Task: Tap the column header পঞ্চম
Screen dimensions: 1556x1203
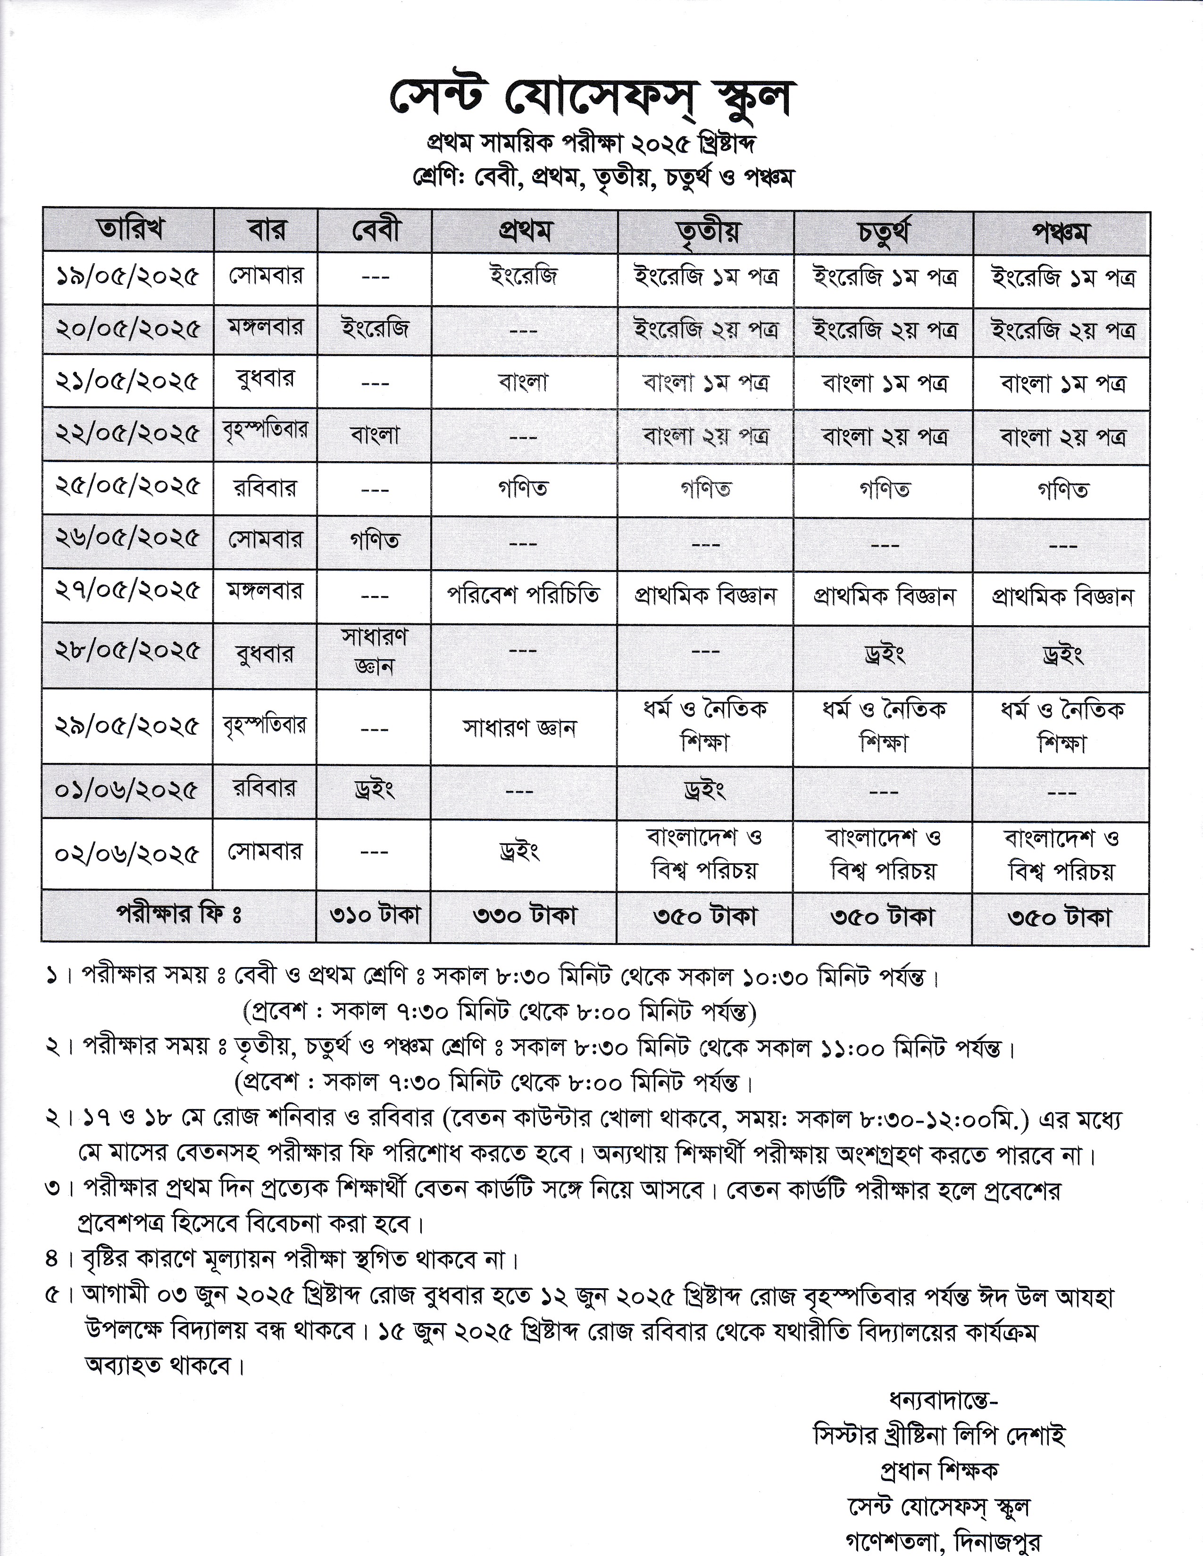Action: pyautogui.click(x=1061, y=232)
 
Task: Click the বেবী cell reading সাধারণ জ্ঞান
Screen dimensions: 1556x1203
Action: pyautogui.click(x=374, y=651)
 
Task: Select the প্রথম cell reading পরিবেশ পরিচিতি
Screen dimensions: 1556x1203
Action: pyautogui.click(x=524, y=594)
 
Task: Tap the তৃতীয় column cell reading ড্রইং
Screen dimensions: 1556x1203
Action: pyautogui.click(x=704, y=791)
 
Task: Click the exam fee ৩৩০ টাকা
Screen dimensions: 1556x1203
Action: pyautogui.click(x=524, y=916)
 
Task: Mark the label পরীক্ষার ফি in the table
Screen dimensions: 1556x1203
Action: pyautogui.click(x=179, y=915)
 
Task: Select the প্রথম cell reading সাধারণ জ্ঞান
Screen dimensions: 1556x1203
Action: pyautogui.click(x=519, y=728)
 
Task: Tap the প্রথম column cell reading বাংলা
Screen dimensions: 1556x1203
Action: pyautogui.click(x=524, y=382)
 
